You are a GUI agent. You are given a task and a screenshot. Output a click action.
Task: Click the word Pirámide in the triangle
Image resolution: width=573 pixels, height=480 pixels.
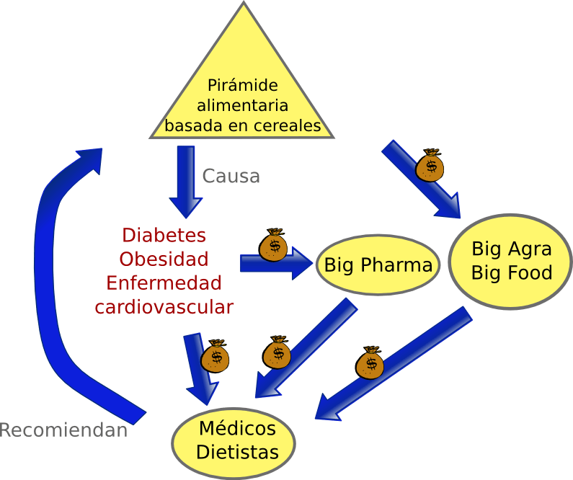(242, 85)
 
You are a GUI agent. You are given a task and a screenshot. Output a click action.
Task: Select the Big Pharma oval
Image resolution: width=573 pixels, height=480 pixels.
(378, 265)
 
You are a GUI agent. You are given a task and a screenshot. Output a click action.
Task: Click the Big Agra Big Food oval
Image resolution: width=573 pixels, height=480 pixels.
(510, 260)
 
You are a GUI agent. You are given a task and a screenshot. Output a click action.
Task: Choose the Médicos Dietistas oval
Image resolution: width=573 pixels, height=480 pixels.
(236, 441)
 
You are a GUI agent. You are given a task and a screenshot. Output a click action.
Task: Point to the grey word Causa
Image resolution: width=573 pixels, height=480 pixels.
(231, 176)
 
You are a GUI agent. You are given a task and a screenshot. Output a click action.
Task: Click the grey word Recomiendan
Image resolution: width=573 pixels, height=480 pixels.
(63, 431)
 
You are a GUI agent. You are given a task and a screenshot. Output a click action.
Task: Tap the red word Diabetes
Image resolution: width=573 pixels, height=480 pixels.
(164, 236)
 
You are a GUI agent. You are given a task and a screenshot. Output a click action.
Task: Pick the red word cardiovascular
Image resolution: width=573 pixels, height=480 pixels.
(164, 306)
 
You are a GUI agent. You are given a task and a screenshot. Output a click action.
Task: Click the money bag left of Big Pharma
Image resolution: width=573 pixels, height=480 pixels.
(273, 245)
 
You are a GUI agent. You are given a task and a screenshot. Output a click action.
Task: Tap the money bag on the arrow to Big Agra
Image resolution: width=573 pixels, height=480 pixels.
(430, 165)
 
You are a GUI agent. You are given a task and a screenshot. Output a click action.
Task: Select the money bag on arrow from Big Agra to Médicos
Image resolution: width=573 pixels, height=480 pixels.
(370, 363)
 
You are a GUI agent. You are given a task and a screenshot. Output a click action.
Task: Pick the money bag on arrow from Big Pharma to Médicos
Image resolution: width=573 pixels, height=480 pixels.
(276, 352)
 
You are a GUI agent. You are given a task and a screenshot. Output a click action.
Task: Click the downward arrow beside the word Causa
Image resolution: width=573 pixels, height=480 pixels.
(186, 180)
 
